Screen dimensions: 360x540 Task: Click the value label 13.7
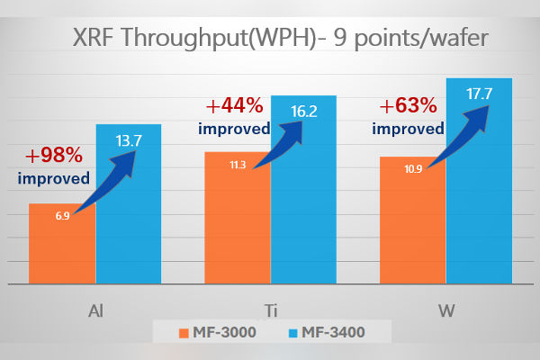coord(130,140)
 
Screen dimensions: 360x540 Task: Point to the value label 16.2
coord(304,112)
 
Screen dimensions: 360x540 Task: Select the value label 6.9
coord(62,216)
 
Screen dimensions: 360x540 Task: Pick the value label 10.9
coord(413,168)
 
